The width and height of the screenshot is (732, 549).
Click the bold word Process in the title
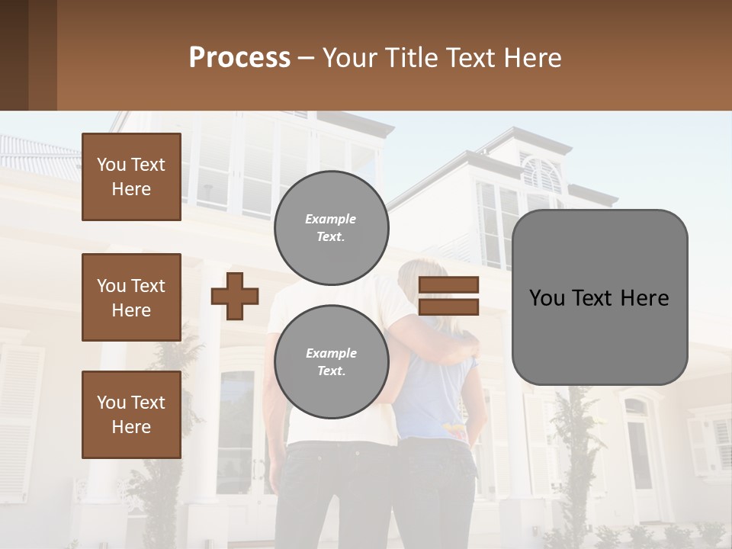(x=239, y=58)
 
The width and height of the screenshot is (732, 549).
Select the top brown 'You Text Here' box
(x=131, y=177)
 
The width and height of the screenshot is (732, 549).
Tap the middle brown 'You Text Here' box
(x=131, y=297)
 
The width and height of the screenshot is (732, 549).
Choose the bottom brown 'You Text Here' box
(x=131, y=415)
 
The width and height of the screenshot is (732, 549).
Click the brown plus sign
(x=235, y=296)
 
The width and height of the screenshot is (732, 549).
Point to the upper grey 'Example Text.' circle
(x=331, y=227)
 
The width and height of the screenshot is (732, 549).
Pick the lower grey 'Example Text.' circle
(x=331, y=361)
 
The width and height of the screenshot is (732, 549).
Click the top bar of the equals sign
(x=448, y=284)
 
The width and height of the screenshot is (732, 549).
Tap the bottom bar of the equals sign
(x=448, y=307)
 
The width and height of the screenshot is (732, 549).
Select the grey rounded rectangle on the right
(x=599, y=297)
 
